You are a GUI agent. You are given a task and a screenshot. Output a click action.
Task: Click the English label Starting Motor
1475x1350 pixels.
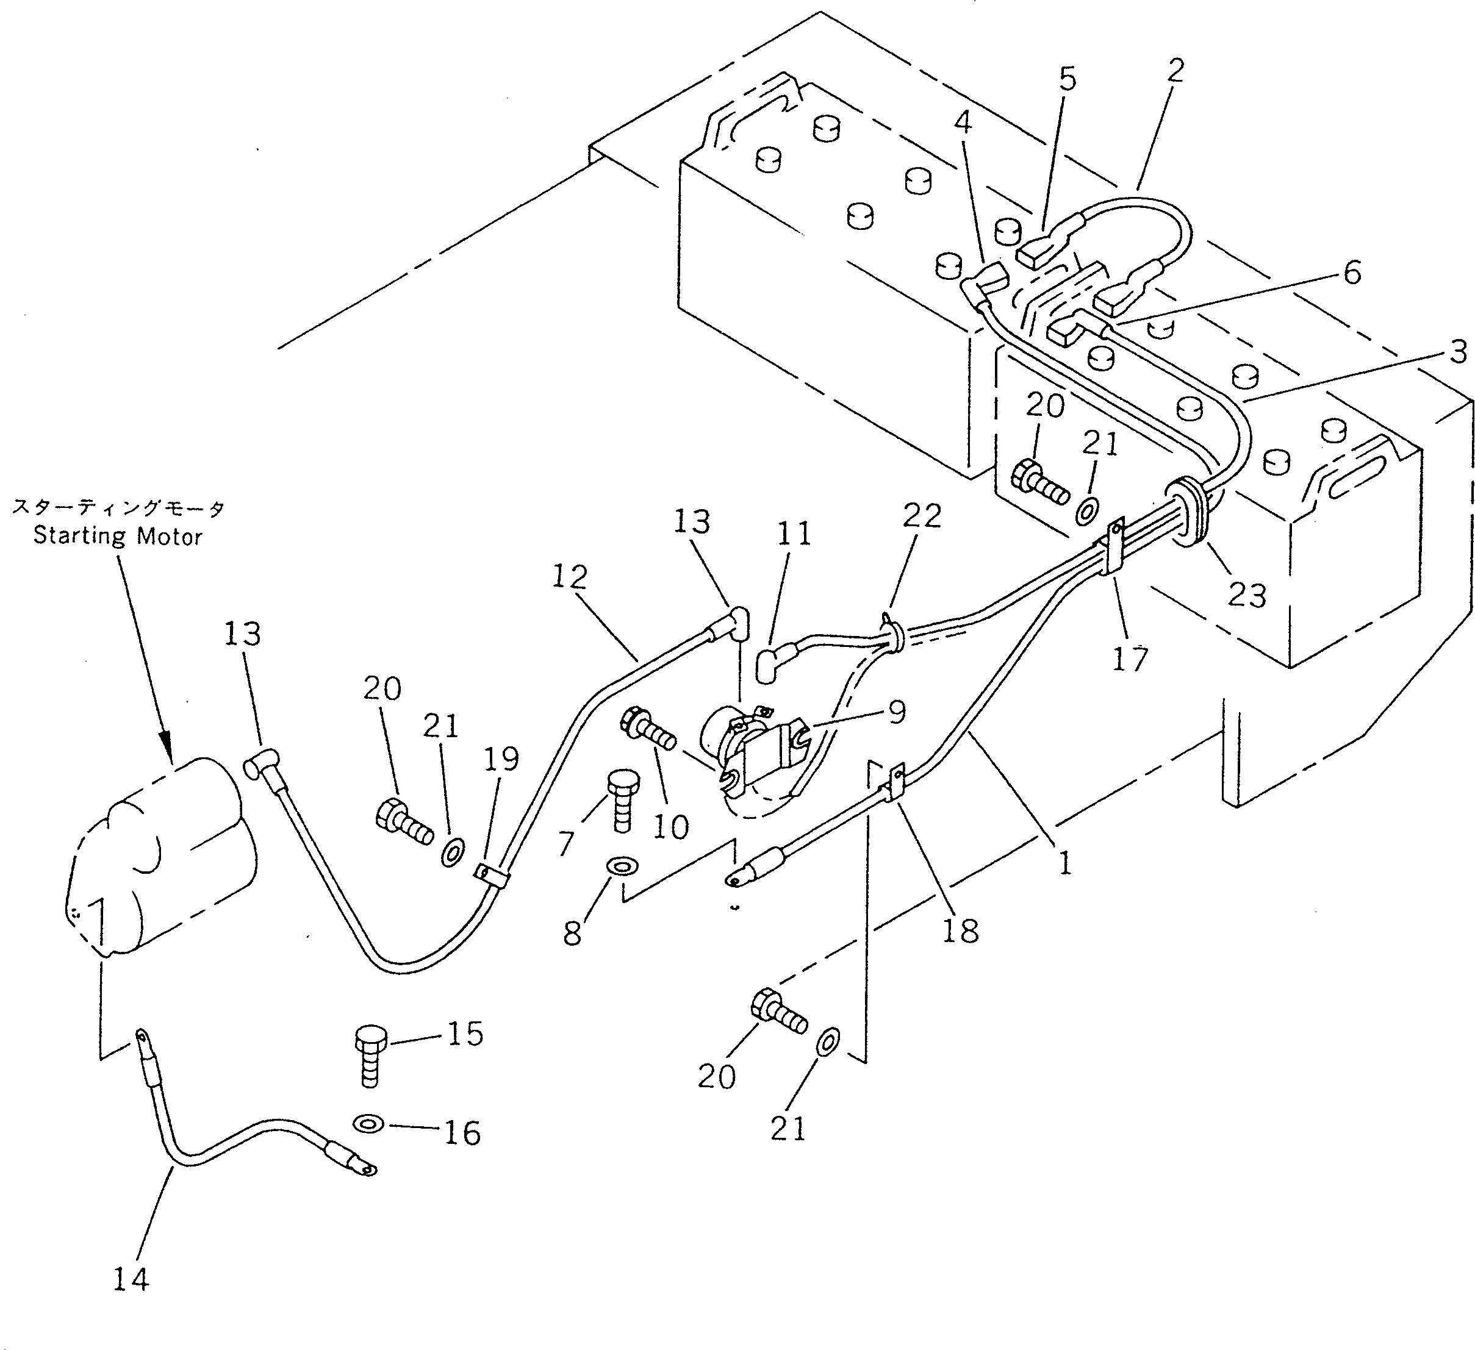(x=117, y=536)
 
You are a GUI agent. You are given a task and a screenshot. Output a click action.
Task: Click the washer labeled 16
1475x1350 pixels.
(x=368, y=1123)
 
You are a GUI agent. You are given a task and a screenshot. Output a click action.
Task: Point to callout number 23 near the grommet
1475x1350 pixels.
(x=1246, y=595)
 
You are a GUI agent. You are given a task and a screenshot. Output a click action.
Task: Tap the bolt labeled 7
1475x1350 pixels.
(x=623, y=800)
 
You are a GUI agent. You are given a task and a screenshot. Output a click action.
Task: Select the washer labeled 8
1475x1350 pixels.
(x=623, y=866)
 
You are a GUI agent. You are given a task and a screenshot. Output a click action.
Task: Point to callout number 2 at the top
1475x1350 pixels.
(x=1175, y=71)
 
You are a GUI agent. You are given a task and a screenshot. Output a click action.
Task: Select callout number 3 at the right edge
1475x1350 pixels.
(x=1458, y=352)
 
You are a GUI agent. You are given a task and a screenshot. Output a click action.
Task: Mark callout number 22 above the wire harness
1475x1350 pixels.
(x=921, y=517)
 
